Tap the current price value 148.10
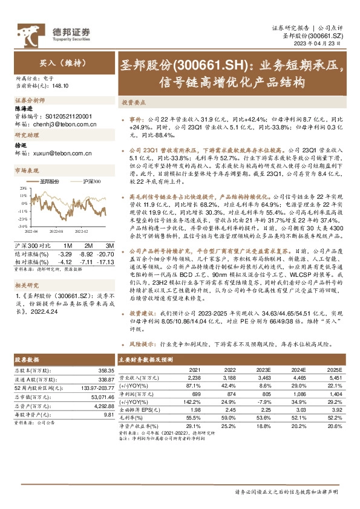point(61,86)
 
